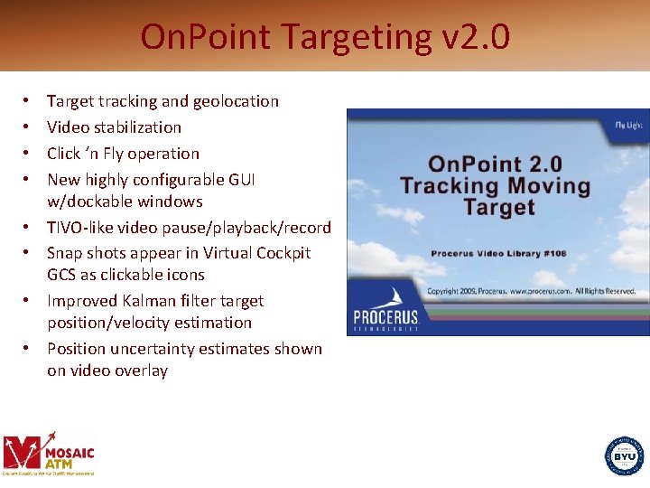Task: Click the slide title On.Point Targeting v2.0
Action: tap(325, 37)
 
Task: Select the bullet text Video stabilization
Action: tap(114, 127)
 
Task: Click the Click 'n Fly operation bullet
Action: tap(123, 154)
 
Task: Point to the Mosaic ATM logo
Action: tap(49, 453)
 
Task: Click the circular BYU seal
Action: tap(625, 455)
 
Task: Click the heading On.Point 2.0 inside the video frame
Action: tap(495, 164)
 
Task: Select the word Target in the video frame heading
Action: tap(498, 208)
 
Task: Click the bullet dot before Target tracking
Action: tap(29, 101)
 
